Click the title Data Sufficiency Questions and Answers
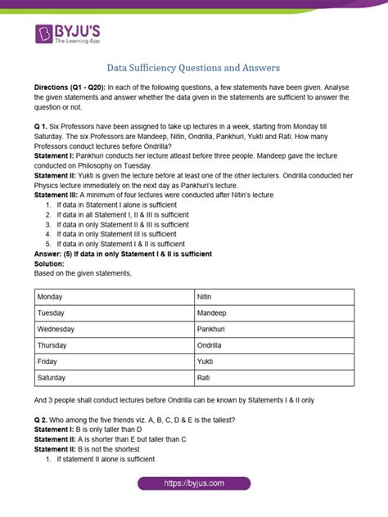point(194,69)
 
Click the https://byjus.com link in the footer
point(194,484)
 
